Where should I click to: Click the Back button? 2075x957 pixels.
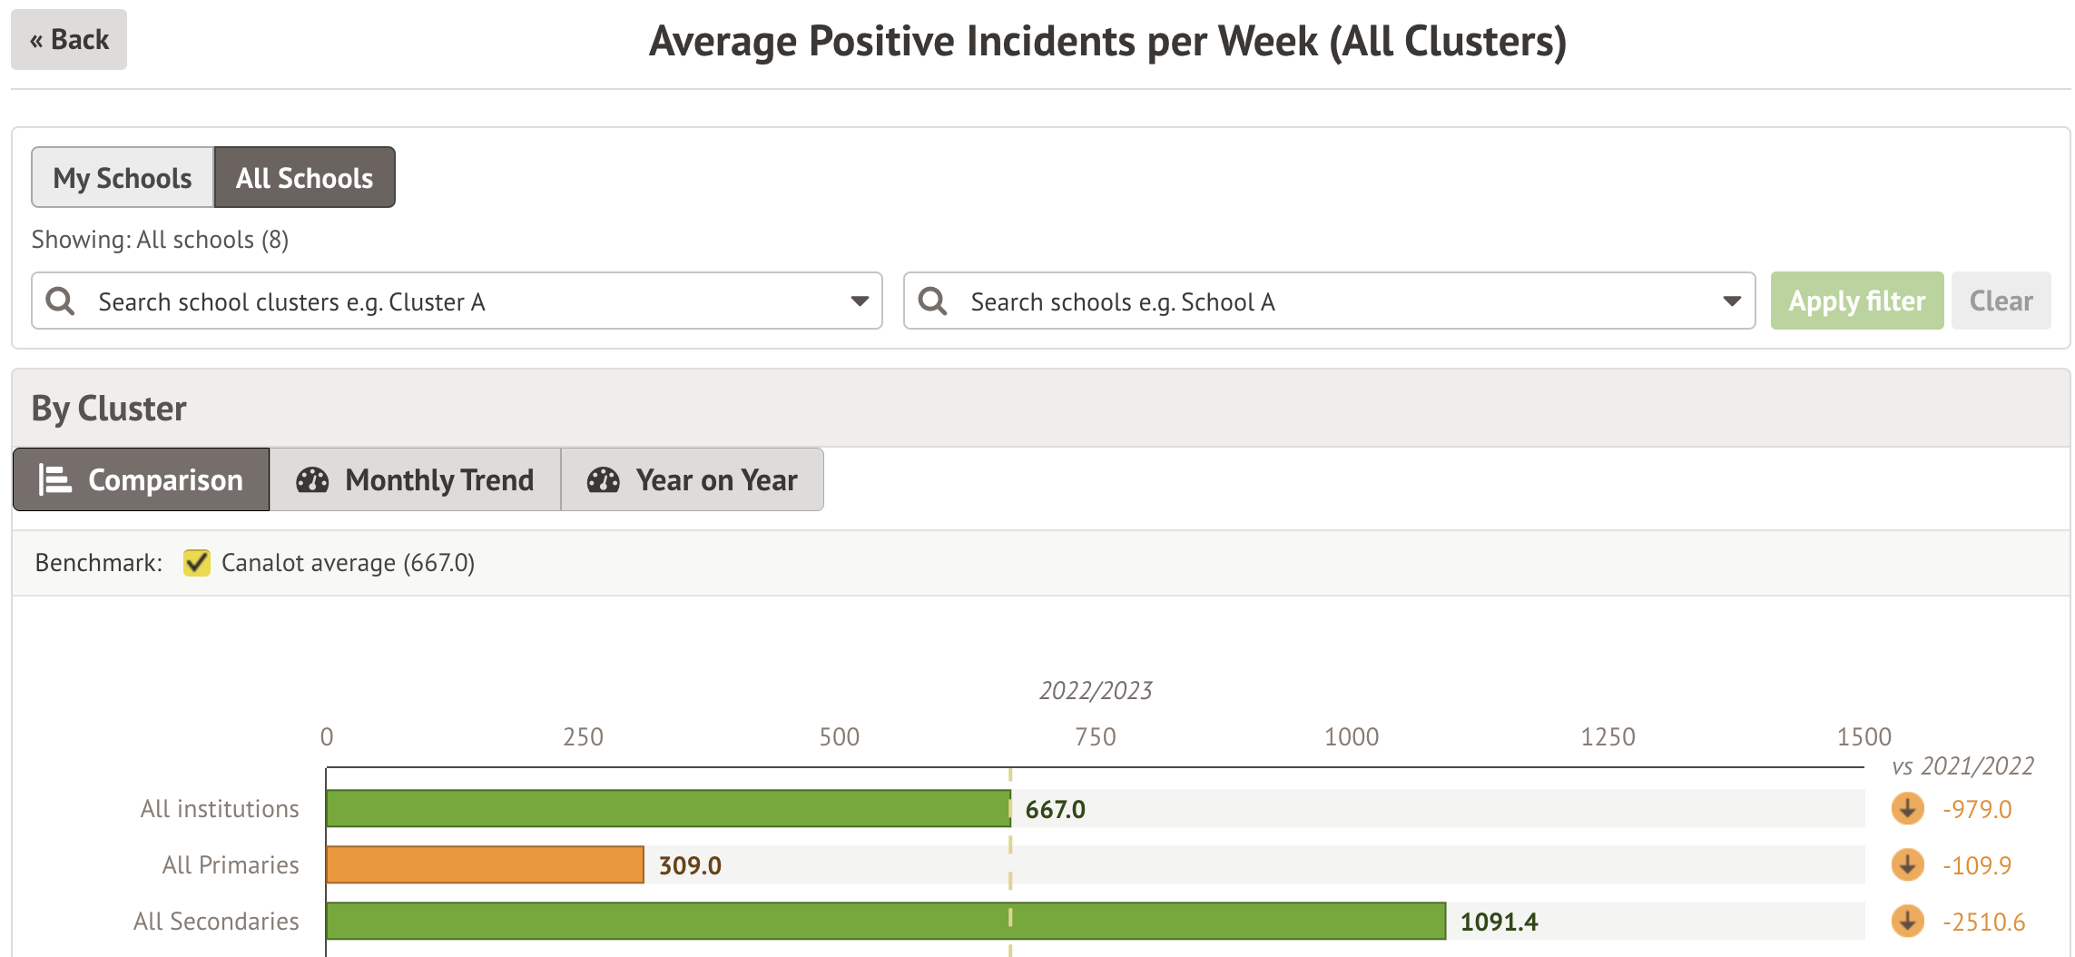(x=69, y=40)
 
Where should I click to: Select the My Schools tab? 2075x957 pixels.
(x=123, y=178)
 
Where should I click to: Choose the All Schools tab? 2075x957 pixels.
(x=304, y=178)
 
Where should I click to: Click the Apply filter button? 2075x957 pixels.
(x=1856, y=301)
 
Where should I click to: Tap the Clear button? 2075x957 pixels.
(x=2001, y=301)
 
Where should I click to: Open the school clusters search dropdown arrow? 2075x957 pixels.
(x=859, y=301)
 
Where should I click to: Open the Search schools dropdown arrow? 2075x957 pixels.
(x=1732, y=301)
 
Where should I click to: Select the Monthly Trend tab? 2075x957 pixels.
(x=415, y=479)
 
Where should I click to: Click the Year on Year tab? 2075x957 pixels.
(x=692, y=479)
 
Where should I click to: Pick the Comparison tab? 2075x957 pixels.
(x=142, y=479)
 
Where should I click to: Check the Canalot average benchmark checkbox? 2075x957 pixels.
(x=196, y=563)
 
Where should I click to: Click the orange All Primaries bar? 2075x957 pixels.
(x=485, y=864)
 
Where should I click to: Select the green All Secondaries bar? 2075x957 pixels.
(x=885, y=921)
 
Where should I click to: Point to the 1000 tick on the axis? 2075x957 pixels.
(x=1351, y=736)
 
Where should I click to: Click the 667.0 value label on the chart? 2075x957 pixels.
(x=1055, y=809)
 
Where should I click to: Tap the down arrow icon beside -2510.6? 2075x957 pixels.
(x=1907, y=921)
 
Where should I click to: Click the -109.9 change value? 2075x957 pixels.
(x=1976, y=865)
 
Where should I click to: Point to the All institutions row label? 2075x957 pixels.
(x=220, y=809)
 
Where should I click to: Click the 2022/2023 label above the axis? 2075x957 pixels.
(x=1096, y=691)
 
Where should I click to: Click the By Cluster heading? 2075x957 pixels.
(x=109, y=409)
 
